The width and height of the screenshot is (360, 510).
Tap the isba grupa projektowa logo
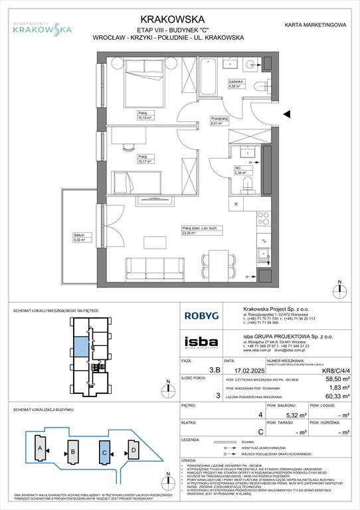[201, 342]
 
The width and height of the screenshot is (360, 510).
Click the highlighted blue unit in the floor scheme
[80, 347]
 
